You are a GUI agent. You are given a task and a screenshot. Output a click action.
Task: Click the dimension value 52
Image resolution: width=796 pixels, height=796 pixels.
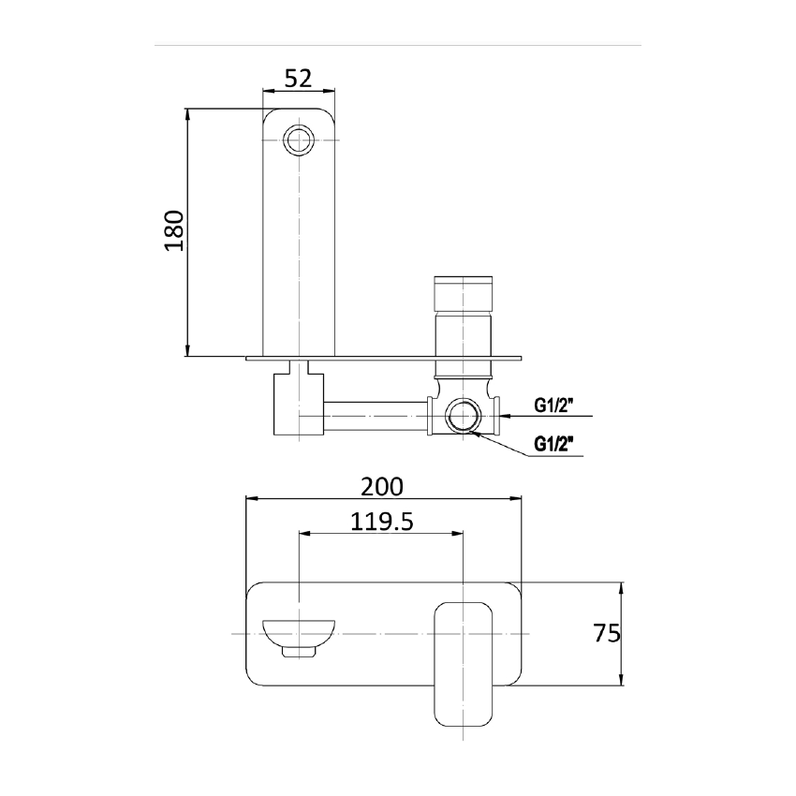(298, 79)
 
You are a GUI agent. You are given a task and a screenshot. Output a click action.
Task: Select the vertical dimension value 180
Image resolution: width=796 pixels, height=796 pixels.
(174, 231)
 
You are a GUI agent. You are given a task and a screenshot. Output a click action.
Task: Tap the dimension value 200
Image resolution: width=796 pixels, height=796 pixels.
(382, 486)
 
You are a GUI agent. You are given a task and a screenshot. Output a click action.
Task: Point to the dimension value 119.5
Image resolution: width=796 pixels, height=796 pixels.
(381, 522)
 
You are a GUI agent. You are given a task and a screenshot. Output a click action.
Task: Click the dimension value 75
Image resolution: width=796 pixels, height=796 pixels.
(606, 634)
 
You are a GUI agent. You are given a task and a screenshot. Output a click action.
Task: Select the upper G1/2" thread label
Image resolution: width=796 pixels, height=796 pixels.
(554, 405)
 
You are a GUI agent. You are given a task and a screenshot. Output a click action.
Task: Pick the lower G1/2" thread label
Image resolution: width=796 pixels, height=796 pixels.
(554, 443)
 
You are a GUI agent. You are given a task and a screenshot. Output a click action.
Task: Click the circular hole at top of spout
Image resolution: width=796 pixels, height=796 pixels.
(299, 140)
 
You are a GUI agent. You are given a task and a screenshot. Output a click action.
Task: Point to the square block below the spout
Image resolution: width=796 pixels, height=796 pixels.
(297, 403)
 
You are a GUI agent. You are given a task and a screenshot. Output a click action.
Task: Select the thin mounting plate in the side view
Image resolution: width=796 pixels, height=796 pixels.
(384, 357)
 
